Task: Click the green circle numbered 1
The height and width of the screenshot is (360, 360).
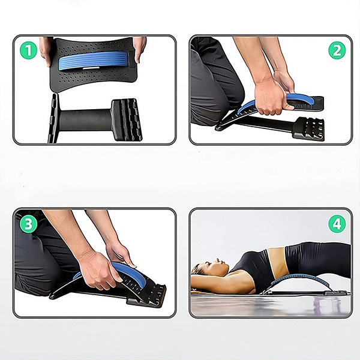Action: pyautogui.click(x=28, y=50)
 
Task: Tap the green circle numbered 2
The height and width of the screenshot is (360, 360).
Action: pyautogui.click(x=337, y=50)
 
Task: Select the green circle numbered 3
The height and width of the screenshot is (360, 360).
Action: pyautogui.click(x=28, y=224)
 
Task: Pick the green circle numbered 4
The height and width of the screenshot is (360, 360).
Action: pyautogui.click(x=337, y=224)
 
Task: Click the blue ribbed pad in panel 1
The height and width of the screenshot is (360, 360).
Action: pyautogui.click(x=94, y=60)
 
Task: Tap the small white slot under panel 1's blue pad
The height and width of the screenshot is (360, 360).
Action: pyautogui.click(x=91, y=68)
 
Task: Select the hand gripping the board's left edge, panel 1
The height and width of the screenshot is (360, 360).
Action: pyautogui.click(x=46, y=51)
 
